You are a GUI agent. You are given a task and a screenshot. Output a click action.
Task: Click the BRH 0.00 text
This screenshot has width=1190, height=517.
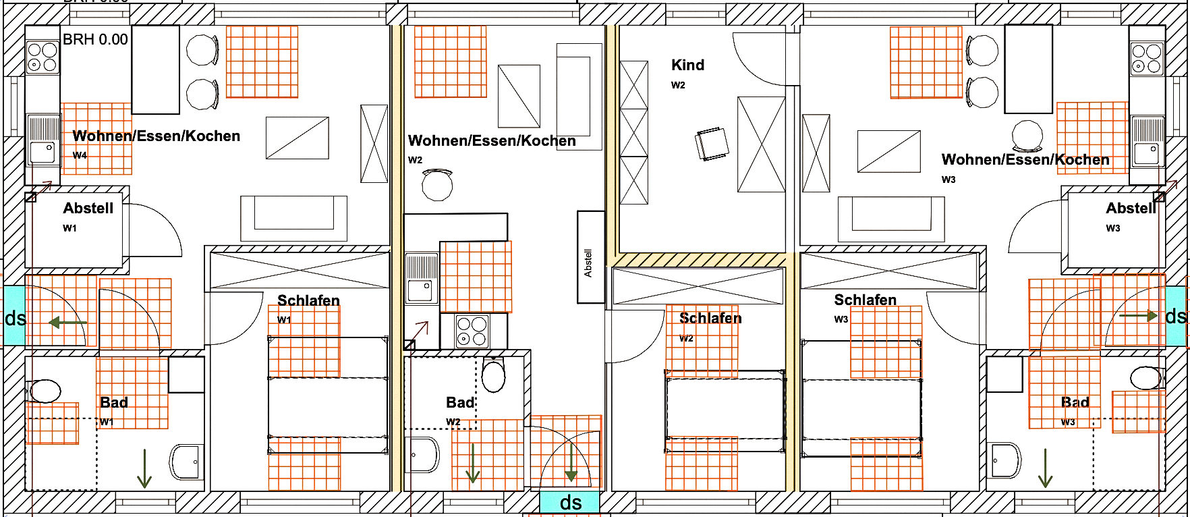coord(95,40)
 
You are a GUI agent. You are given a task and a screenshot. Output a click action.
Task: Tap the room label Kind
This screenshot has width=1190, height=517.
coord(687,65)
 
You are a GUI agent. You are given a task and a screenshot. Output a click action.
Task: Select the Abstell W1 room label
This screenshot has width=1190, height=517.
coord(88,209)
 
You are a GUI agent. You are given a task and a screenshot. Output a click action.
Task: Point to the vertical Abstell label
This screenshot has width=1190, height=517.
coord(588,263)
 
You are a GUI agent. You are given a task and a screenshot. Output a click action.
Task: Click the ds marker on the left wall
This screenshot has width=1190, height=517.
coord(14,317)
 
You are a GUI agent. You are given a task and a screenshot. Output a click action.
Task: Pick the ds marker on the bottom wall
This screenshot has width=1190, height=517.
coord(570,502)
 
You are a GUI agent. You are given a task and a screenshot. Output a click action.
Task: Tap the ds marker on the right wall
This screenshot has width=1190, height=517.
coord(1176,316)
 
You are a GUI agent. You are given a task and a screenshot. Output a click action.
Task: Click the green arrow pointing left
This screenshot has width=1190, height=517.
coord(67,323)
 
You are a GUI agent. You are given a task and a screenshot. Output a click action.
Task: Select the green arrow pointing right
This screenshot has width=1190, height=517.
coord(1139,315)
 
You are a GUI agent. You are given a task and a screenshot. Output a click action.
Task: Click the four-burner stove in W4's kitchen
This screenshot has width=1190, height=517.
coord(42,57)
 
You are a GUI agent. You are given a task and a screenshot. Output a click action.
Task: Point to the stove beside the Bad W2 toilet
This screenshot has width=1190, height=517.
coord(472,331)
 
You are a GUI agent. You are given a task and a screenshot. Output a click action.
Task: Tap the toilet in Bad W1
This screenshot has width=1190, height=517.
coord(45,391)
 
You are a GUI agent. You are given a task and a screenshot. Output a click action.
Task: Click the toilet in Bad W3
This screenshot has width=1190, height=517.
coord(1146,378)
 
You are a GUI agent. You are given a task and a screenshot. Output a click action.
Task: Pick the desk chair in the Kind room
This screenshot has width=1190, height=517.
coord(712,144)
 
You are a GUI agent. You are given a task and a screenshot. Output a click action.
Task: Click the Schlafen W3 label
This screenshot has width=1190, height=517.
coord(865,300)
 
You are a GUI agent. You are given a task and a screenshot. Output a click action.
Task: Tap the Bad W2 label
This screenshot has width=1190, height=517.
coord(460,403)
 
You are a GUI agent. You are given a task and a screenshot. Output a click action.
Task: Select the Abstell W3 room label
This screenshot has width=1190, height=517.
coord(1131,209)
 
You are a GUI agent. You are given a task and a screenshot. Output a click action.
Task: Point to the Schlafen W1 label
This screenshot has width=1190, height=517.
coord(308,300)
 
